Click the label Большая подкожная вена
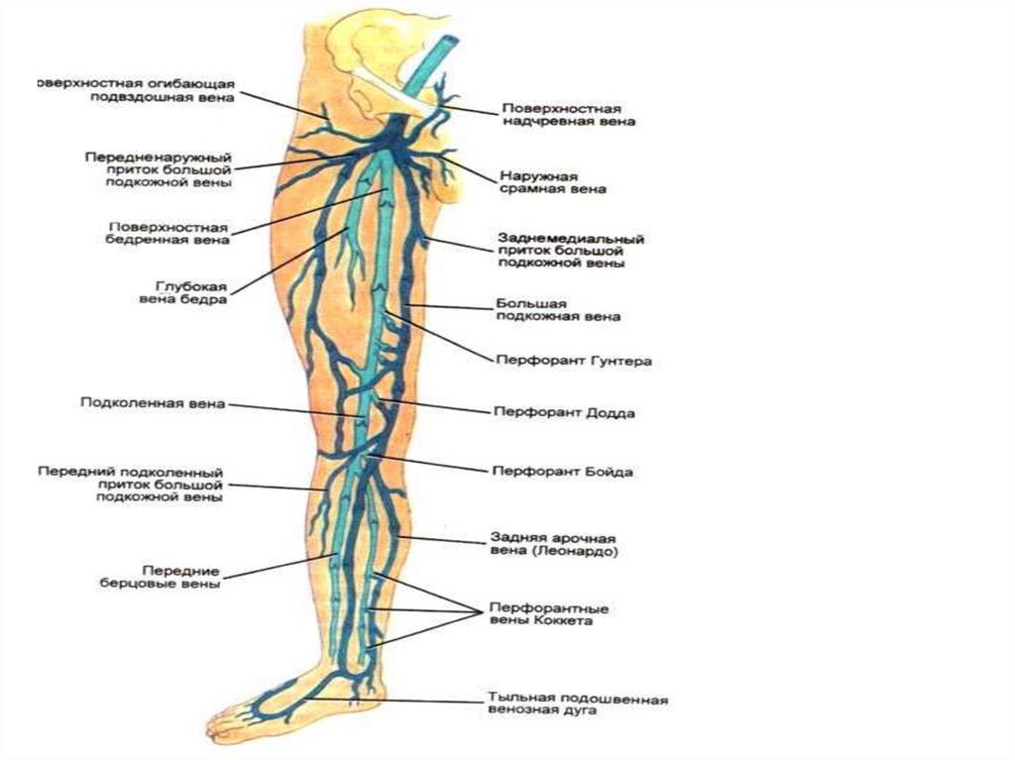pos(557,309)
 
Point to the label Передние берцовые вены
pos(178,578)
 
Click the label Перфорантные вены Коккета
pos(548,613)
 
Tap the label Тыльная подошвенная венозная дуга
pos(578,705)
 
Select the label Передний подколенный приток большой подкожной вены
pos(132,486)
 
